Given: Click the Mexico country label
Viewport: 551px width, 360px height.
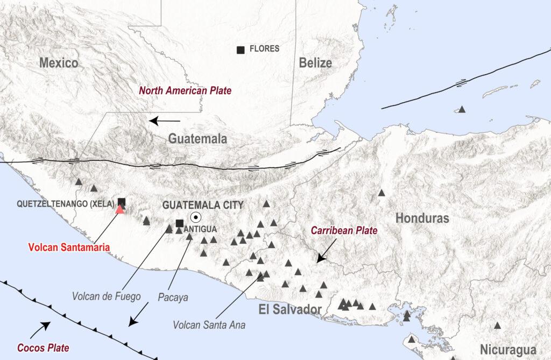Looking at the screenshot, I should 59,63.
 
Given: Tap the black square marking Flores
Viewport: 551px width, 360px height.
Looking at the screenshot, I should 241,50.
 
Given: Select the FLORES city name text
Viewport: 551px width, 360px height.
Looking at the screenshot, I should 264,49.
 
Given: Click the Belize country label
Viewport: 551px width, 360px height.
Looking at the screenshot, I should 315,63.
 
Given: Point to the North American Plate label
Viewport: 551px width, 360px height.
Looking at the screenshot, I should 185,91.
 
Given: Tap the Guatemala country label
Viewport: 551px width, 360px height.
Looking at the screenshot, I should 197,139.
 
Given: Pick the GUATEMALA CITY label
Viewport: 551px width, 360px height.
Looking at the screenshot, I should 203,205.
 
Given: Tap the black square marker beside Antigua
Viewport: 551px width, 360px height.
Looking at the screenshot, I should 180,223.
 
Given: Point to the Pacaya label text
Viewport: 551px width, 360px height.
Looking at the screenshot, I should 173,297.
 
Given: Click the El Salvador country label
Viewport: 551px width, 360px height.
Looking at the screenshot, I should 290,309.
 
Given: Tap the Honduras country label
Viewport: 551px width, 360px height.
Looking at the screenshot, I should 422,218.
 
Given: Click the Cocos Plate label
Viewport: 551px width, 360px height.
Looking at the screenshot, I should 43,348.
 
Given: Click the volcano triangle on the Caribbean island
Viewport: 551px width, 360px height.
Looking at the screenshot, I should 461,109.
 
